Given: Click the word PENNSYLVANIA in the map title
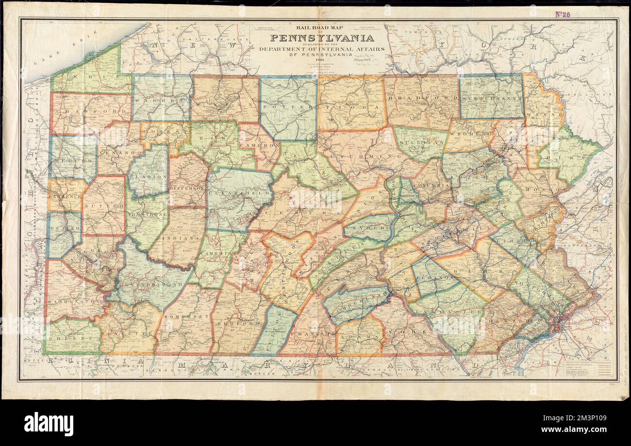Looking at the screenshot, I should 322,38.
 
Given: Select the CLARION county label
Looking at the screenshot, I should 149,177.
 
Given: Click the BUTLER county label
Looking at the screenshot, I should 103,206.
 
